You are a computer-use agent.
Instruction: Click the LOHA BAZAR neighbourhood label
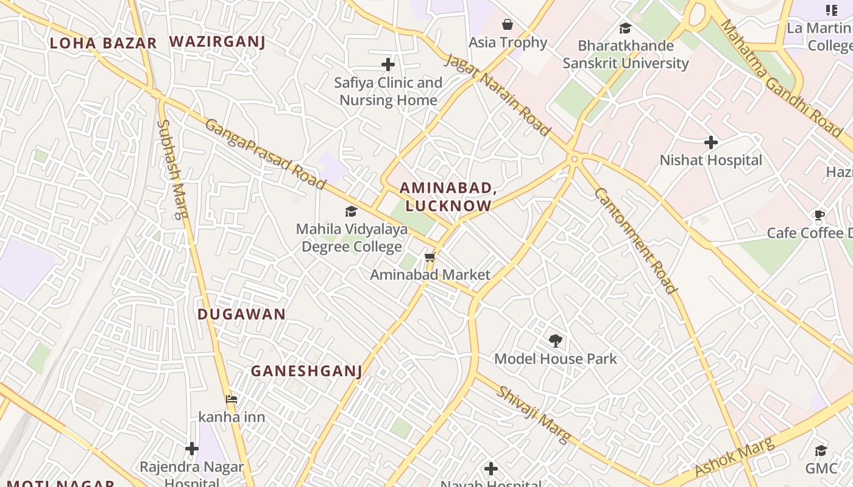coord(103,43)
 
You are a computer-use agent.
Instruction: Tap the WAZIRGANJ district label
coord(217,41)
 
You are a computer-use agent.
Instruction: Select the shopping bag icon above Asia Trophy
coord(508,24)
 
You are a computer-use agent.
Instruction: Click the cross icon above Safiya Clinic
coord(388,64)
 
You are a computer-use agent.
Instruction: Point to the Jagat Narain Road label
coord(498,94)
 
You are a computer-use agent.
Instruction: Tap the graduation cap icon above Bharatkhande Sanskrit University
coord(625,28)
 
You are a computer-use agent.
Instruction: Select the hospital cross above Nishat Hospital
coord(710,142)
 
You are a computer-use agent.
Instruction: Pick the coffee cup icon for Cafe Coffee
coord(819,215)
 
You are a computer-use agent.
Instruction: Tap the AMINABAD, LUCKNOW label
coord(448,197)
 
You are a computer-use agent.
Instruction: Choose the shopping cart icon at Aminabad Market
coord(430,257)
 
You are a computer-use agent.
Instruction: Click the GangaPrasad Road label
coord(265,154)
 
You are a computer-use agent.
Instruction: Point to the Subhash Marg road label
coord(173,169)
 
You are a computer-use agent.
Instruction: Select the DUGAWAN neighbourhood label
coord(241,314)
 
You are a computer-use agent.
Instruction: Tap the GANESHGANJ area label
coord(306,371)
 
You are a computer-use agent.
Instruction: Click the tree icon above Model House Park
coord(555,340)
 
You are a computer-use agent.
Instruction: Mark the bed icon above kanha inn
coord(232,399)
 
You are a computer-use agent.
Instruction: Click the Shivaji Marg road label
coord(534,414)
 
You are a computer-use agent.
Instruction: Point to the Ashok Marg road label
coord(734,457)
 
